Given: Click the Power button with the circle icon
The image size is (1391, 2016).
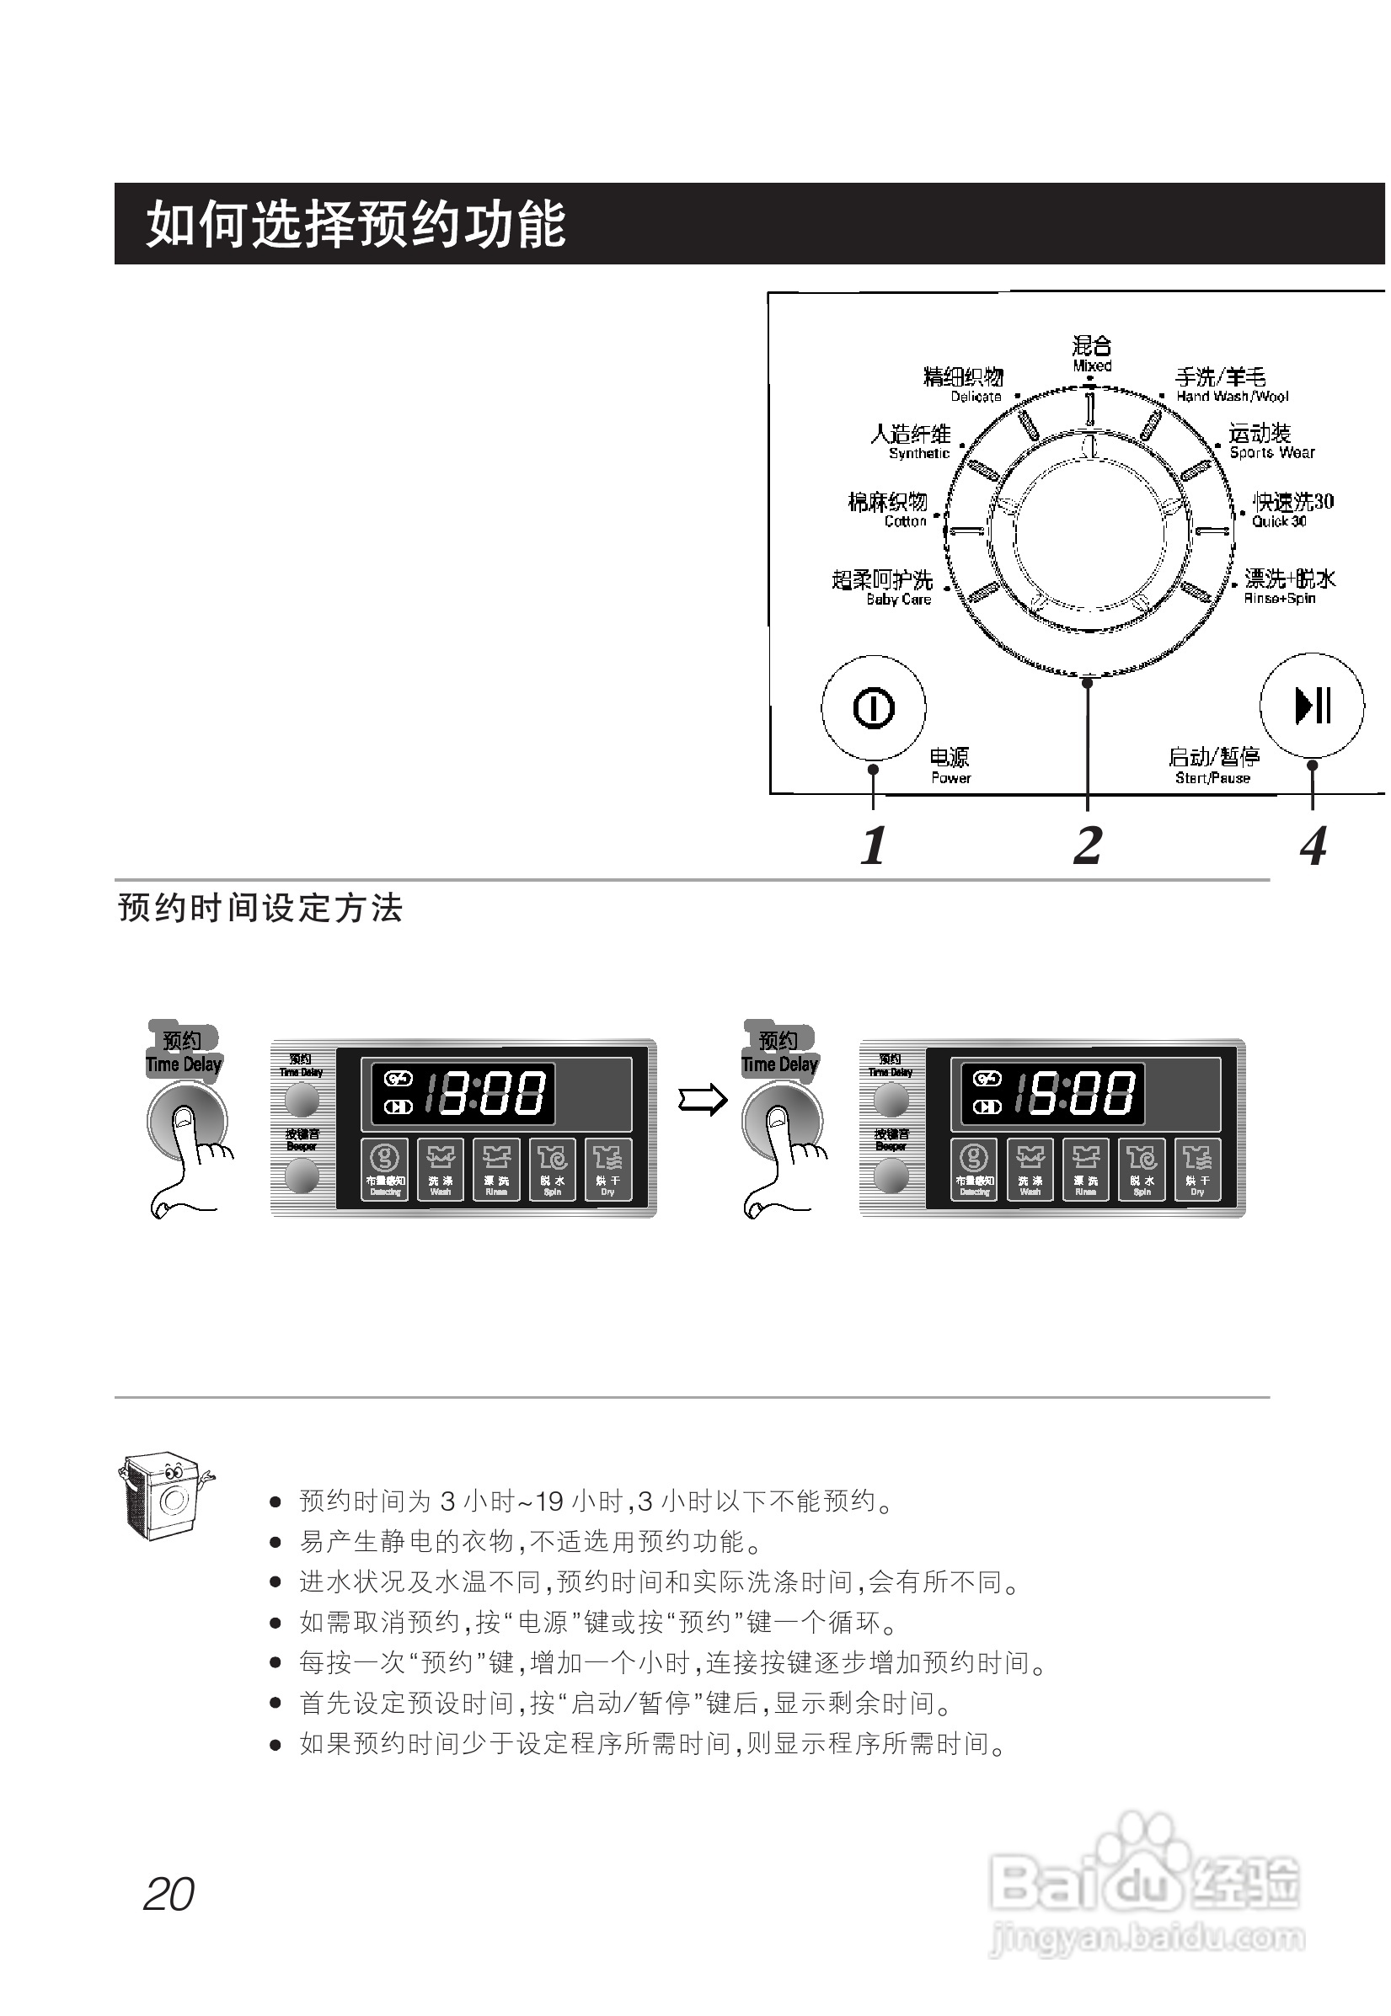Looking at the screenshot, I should [x=874, y=707].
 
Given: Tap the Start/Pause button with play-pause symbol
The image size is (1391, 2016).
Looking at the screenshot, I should [x=1312, y=705].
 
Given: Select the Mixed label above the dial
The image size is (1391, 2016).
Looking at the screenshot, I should [x=1092, y=354].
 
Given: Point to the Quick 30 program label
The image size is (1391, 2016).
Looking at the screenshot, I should [x=1292, y=509].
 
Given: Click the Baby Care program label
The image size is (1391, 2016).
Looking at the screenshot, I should [x=883, y=587].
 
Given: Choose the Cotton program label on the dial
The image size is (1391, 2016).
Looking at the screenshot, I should [x=888, y=509].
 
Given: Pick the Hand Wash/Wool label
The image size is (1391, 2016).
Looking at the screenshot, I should [x=1231, y=384].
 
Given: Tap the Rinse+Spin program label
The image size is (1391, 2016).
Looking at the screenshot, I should [x=1289, y=586].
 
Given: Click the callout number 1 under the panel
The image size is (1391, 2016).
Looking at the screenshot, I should [x=874, y=845].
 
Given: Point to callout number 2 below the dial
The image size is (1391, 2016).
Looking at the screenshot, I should [x=1088, y=845].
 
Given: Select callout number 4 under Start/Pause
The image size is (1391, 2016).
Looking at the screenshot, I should [x=1313, y=845].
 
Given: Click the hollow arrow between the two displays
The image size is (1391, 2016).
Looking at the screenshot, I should [x=703, y=1100].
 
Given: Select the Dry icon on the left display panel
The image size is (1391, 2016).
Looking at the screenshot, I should [x=607, y=1169].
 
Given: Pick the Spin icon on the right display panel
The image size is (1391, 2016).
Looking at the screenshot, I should [x=1142, y=1169].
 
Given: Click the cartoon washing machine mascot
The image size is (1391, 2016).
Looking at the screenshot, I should [x=163, y=1495].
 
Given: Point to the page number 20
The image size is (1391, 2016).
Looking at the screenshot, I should [x=169, y=1894].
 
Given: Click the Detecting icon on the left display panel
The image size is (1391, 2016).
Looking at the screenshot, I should [x=385, y=1169].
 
